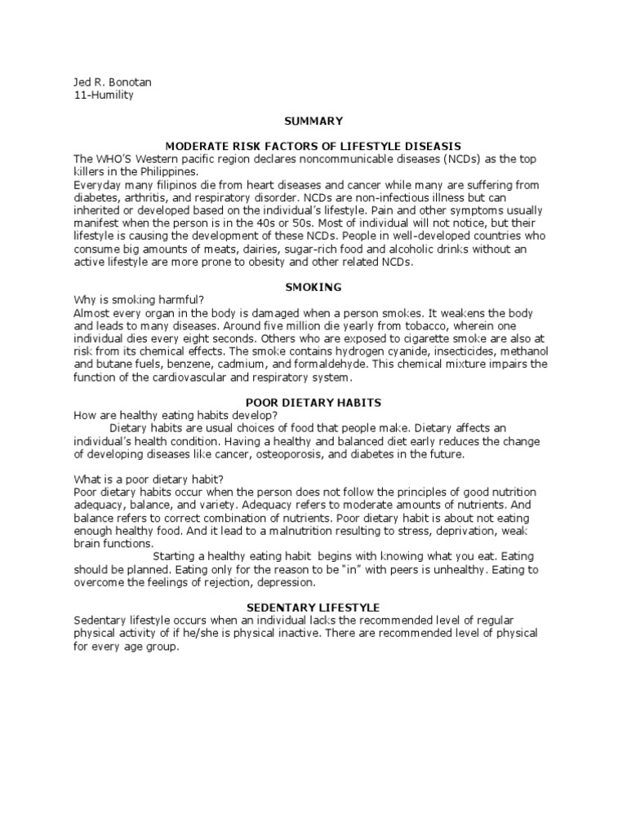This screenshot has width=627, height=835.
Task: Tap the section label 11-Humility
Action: pyautogui.click(x=103, y=95)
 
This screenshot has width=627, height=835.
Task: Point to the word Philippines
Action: pyautogui.click(x=168, y=171)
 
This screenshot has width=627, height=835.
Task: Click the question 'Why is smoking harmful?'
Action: pyautogui.click(x=132, y=301)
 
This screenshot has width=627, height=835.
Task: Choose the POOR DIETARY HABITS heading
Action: pyautogui.click(x=313, y=403)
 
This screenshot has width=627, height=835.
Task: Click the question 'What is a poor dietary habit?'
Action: pyautogui.click(x=143, y=479)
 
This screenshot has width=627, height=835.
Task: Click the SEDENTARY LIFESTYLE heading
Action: pyautogui.click(x=314, y=607)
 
